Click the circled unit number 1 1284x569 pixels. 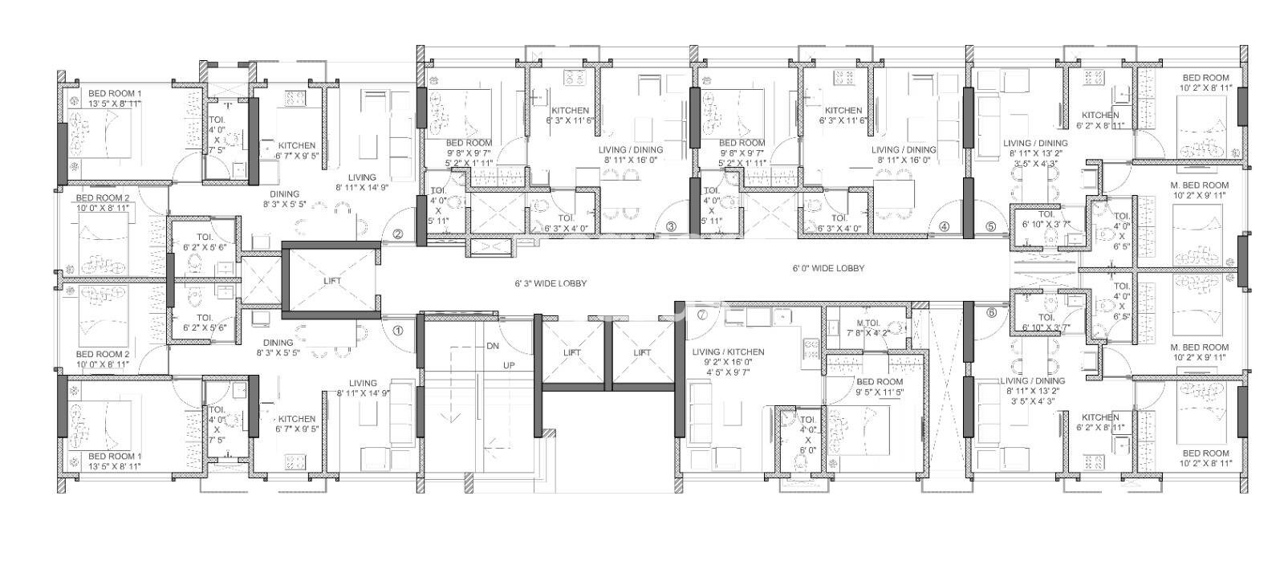click(398, 328)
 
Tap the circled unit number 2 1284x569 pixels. click(398, 234)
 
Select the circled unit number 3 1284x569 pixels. click(672, 226)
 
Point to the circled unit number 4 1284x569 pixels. click(945, 226)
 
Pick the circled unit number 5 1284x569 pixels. click(990, 226)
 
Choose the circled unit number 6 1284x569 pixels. click(991, 313)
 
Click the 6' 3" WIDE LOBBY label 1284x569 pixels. click(551, 283)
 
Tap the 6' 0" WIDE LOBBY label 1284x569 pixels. click(827, 268)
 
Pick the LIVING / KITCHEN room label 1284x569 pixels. click(729, 352)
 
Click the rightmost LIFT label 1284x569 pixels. click(642, 352)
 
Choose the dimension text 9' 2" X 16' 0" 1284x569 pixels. click(729, 362)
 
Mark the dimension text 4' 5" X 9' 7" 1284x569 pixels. click(729, 372)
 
